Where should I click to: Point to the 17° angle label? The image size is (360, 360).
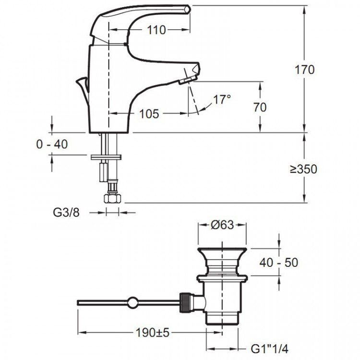point(222,100)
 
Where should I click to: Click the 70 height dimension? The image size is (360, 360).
point(260,107)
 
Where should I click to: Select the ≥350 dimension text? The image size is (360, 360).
point(303,169)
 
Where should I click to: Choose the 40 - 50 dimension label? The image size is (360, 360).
point(278,262)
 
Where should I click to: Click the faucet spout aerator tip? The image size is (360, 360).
point(188,80)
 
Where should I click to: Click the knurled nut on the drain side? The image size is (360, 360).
point(185,302)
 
